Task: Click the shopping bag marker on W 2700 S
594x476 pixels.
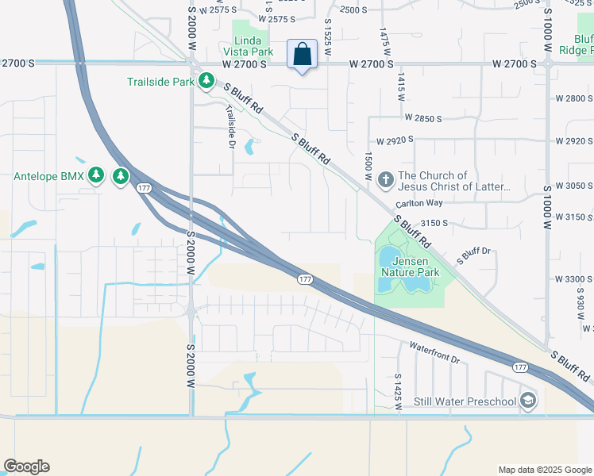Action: pyautogui.click(x=303, y=55)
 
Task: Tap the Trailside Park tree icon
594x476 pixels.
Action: pyautogui.click(x=206, y=81)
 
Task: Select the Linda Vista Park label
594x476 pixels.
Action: pyautogui.click(x=253, y=46)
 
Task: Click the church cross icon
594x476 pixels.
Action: pyautogui.click(x=386, y=180)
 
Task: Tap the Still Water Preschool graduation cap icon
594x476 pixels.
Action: pyautogui.click(x=528, y=401)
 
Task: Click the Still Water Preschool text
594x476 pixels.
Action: pyautogui.click(x=465, y=401)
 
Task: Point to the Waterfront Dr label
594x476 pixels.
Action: pyautogui.click(x=434, y=353)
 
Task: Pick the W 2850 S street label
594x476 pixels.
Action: pyautogui.click(x=422, y=118)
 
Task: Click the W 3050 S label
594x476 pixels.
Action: pyautogui.click(x=574, y=186)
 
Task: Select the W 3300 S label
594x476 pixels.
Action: pyautogui.click(x=574, y=279)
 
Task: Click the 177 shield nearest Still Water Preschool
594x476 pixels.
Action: pyautogui.click(x=520, y=367)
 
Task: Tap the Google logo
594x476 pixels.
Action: pyautogui.click(x=26, y=466)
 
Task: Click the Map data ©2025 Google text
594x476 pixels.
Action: pyautogui.click(x=545, y=470)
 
